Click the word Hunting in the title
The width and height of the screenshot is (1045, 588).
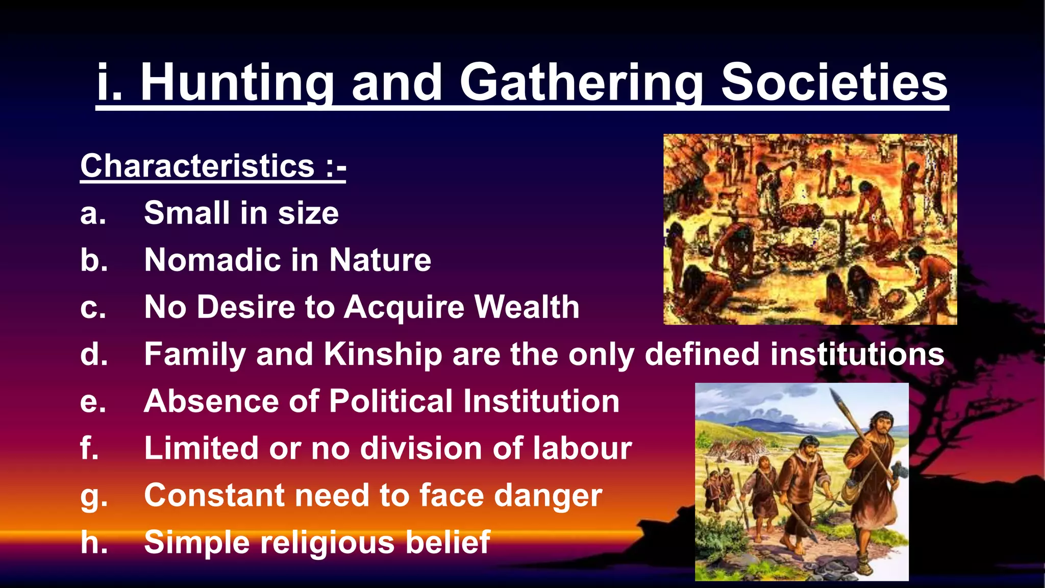[237, 83]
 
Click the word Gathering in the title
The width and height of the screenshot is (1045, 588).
[581, 83]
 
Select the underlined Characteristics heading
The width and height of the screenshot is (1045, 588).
[213, 166]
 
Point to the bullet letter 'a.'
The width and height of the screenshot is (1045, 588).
[93, 213]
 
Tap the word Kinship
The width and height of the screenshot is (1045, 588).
[383, 354]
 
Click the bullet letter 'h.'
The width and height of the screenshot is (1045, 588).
[94, 542]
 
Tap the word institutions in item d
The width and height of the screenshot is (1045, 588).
[857, 354]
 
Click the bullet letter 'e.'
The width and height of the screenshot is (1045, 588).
[93, 402]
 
